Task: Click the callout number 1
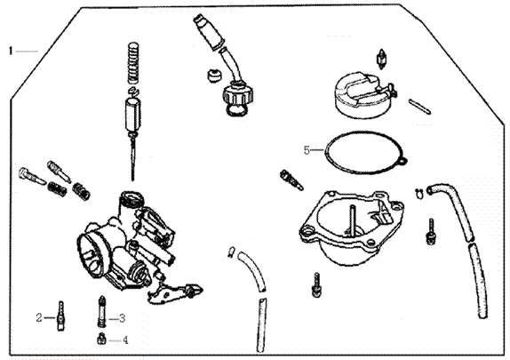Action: (x=12, y=51)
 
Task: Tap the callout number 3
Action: (x=123, y=317)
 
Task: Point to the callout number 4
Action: (x=124, y=340)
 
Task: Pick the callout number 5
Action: (x=307, y=150)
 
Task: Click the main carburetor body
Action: (x=124, y=236)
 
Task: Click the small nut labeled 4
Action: (x=101, y=339)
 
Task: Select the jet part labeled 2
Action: (x=60, y=316)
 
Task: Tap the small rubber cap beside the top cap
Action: (x=212, y=75)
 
